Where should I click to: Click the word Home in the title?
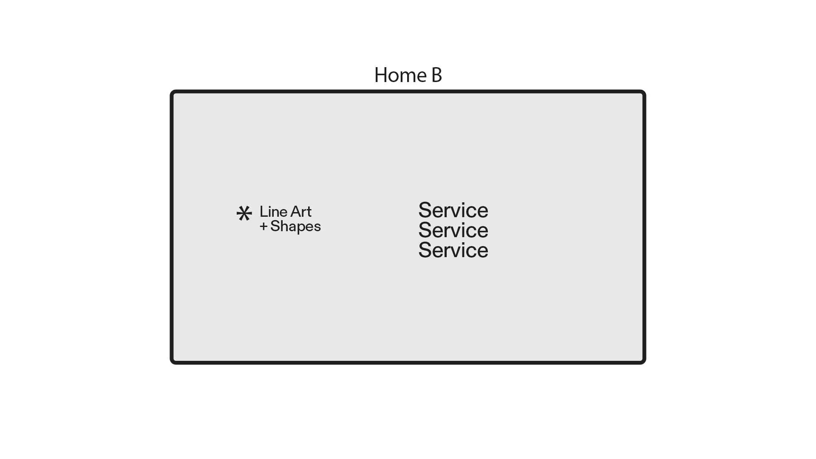pos(400,75)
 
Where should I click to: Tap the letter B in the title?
pos(436,75)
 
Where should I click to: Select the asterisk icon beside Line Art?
pos(244,213)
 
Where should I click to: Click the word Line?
pos(273,212)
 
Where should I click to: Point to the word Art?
pos(301,212)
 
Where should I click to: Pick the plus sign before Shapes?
pos(263,226)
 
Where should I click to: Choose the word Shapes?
pos(295,227)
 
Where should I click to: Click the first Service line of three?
pos(453,210)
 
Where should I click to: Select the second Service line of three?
pos(453,230)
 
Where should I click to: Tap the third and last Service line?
pos(453,250)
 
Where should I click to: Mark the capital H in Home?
pos(381,75)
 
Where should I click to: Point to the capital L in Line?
pos(263,212)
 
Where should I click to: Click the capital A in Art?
pos(295,212)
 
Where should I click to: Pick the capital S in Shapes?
pos(275,226)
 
